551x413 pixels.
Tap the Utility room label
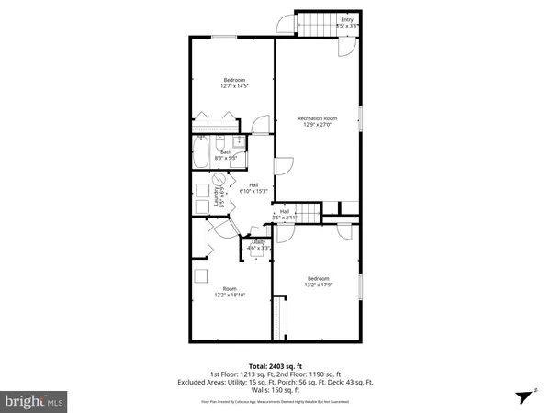257,244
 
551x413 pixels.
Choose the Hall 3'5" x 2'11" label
285,214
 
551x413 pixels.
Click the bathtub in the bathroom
201,152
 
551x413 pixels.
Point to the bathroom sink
239,141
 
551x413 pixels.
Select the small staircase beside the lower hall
313,213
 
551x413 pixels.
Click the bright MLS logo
34,401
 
